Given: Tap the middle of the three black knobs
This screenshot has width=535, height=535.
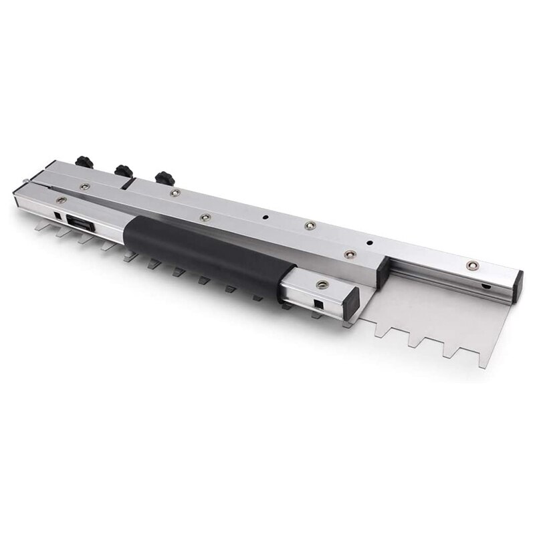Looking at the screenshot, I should pos(123,171).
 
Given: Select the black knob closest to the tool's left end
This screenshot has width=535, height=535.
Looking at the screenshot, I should pos(84,162).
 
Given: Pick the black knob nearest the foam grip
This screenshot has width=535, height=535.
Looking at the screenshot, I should pos(164,179).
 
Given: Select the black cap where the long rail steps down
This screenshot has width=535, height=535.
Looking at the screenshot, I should pos(384,272).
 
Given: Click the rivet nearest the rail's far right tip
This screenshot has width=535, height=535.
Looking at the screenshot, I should pos(472,265).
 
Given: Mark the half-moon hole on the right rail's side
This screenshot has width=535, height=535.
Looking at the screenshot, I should pos(486,287).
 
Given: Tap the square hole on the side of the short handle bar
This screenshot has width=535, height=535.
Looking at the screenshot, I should pos(318,304).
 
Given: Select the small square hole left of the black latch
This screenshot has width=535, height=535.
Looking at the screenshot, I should pos(58,216).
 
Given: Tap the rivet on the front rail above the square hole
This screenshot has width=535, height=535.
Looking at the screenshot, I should pos(61,199).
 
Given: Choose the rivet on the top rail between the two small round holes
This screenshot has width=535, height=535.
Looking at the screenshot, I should pos(310,226).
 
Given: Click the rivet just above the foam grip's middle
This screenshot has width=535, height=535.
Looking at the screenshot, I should pos(205,217).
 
